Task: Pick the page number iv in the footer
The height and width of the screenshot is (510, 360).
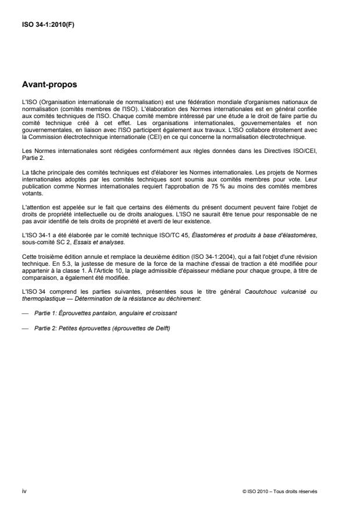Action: (23, 491)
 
